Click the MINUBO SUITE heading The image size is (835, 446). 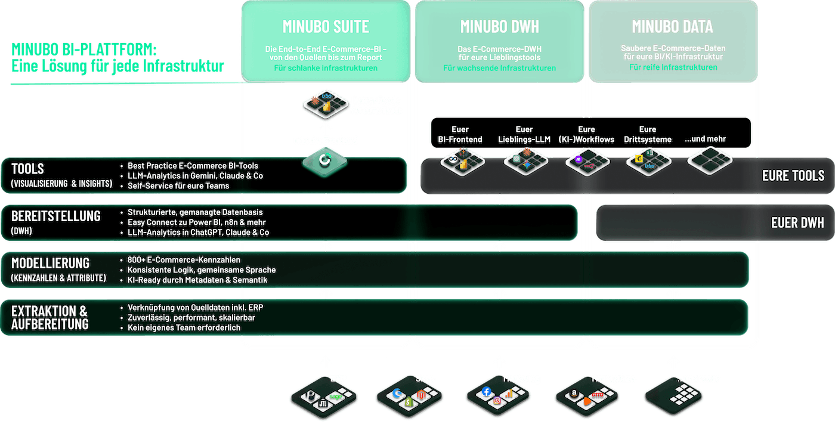pyautogui.click(x=326, y=27)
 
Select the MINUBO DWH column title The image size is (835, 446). pyautogui.click(x=500, y=27)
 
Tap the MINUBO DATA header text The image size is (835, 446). pyautogui.click(x=672, y=27)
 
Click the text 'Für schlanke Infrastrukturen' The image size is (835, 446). pyautogui.click(x=326, y=68)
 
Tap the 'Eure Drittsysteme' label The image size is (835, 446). pyautogui.click(x=647, y=134)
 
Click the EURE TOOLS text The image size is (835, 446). pyautogui.click(x=793, y=176)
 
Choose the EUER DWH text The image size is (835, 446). pyautogui.click(x=797, y=223)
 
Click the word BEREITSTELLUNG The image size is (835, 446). pyautogui.click(x=56, y=216)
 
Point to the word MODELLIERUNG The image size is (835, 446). pyautogui.click(x=50, y=263)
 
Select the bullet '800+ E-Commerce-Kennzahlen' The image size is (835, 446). pyautogui.click(x=184, y=260)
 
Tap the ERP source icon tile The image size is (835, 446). pyautogui.click(x=323, y=395)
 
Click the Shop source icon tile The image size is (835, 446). pyautogui.click(x=410, y=395)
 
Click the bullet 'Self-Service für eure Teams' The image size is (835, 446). pyautogui.click(x=178, y=185)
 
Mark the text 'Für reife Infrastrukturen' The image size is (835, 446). pyautogui.click(x=673, y=67)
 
